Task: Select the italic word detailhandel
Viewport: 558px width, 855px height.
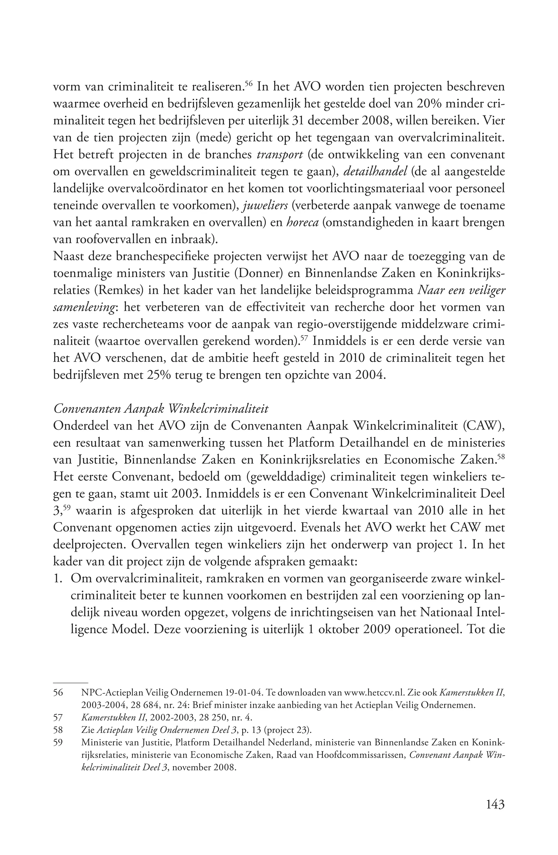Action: pyautogui.click(x=375, y=172)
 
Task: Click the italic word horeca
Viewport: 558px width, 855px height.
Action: pyautogui.click(x=302, y=223)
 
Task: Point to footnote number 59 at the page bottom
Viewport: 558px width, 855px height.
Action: pyautogui.click(x=58, y=742)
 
